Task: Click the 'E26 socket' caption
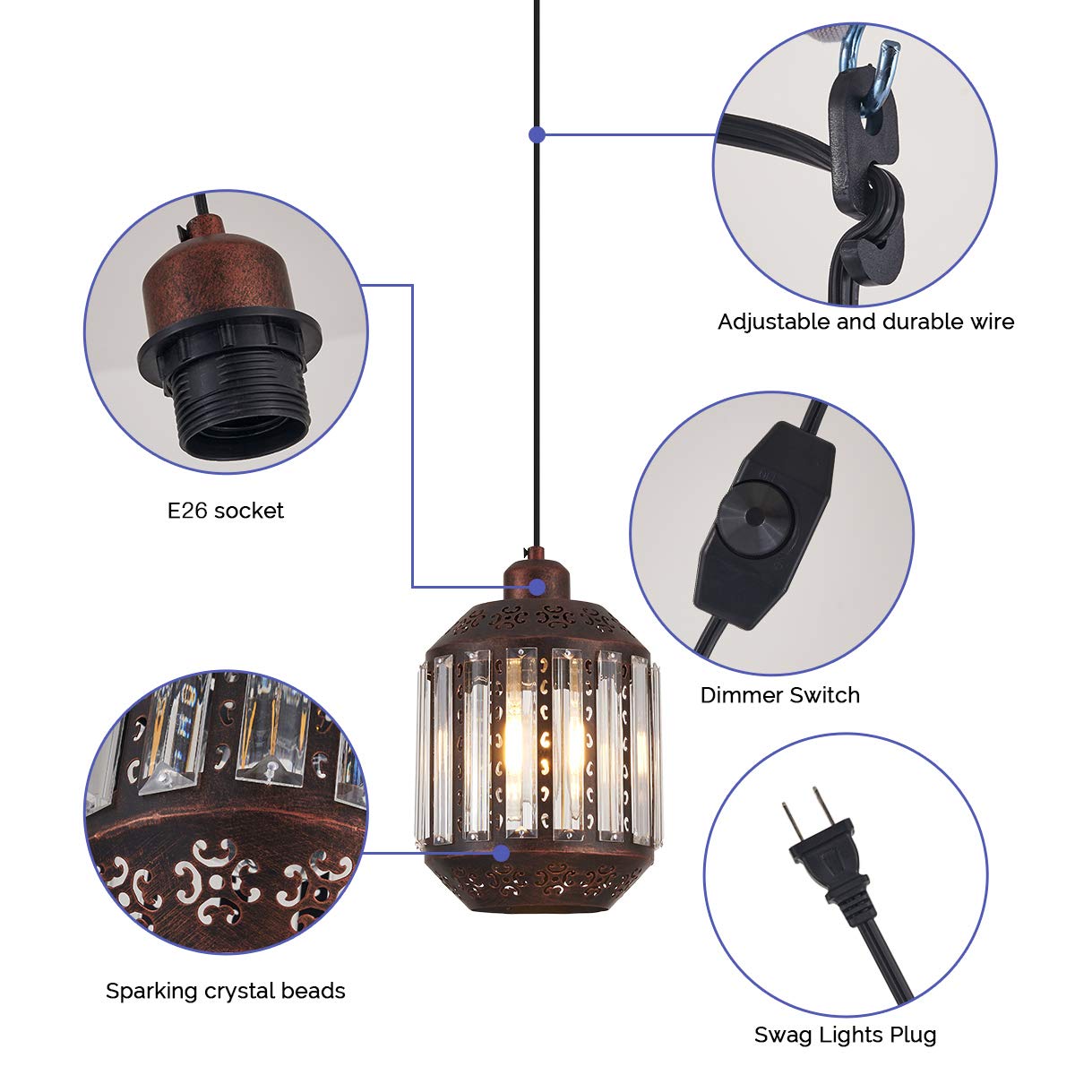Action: click(226, 511)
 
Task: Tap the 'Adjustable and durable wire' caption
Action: click(865, 322)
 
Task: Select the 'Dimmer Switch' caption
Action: click(779, 695)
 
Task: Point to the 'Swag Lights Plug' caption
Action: click(845, 1036)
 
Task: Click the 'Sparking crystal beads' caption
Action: click(226, 991)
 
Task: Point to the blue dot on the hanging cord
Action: click(537, 134)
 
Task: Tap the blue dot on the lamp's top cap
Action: click(537, 587)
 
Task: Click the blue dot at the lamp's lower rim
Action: click(502, 853)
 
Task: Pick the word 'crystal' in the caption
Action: click(247, 991)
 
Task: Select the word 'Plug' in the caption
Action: click(911, 1036)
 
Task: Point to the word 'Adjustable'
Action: click(774, 322)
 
